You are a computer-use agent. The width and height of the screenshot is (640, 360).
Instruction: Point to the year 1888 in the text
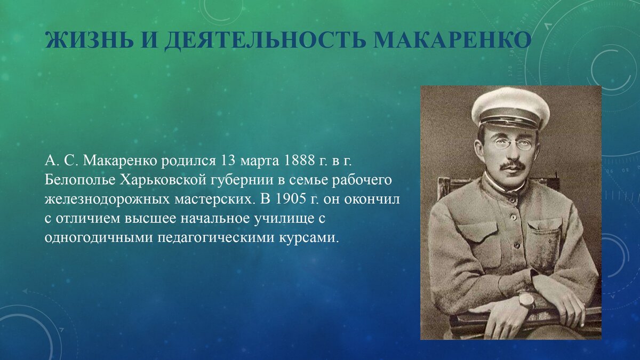(300, 161)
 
